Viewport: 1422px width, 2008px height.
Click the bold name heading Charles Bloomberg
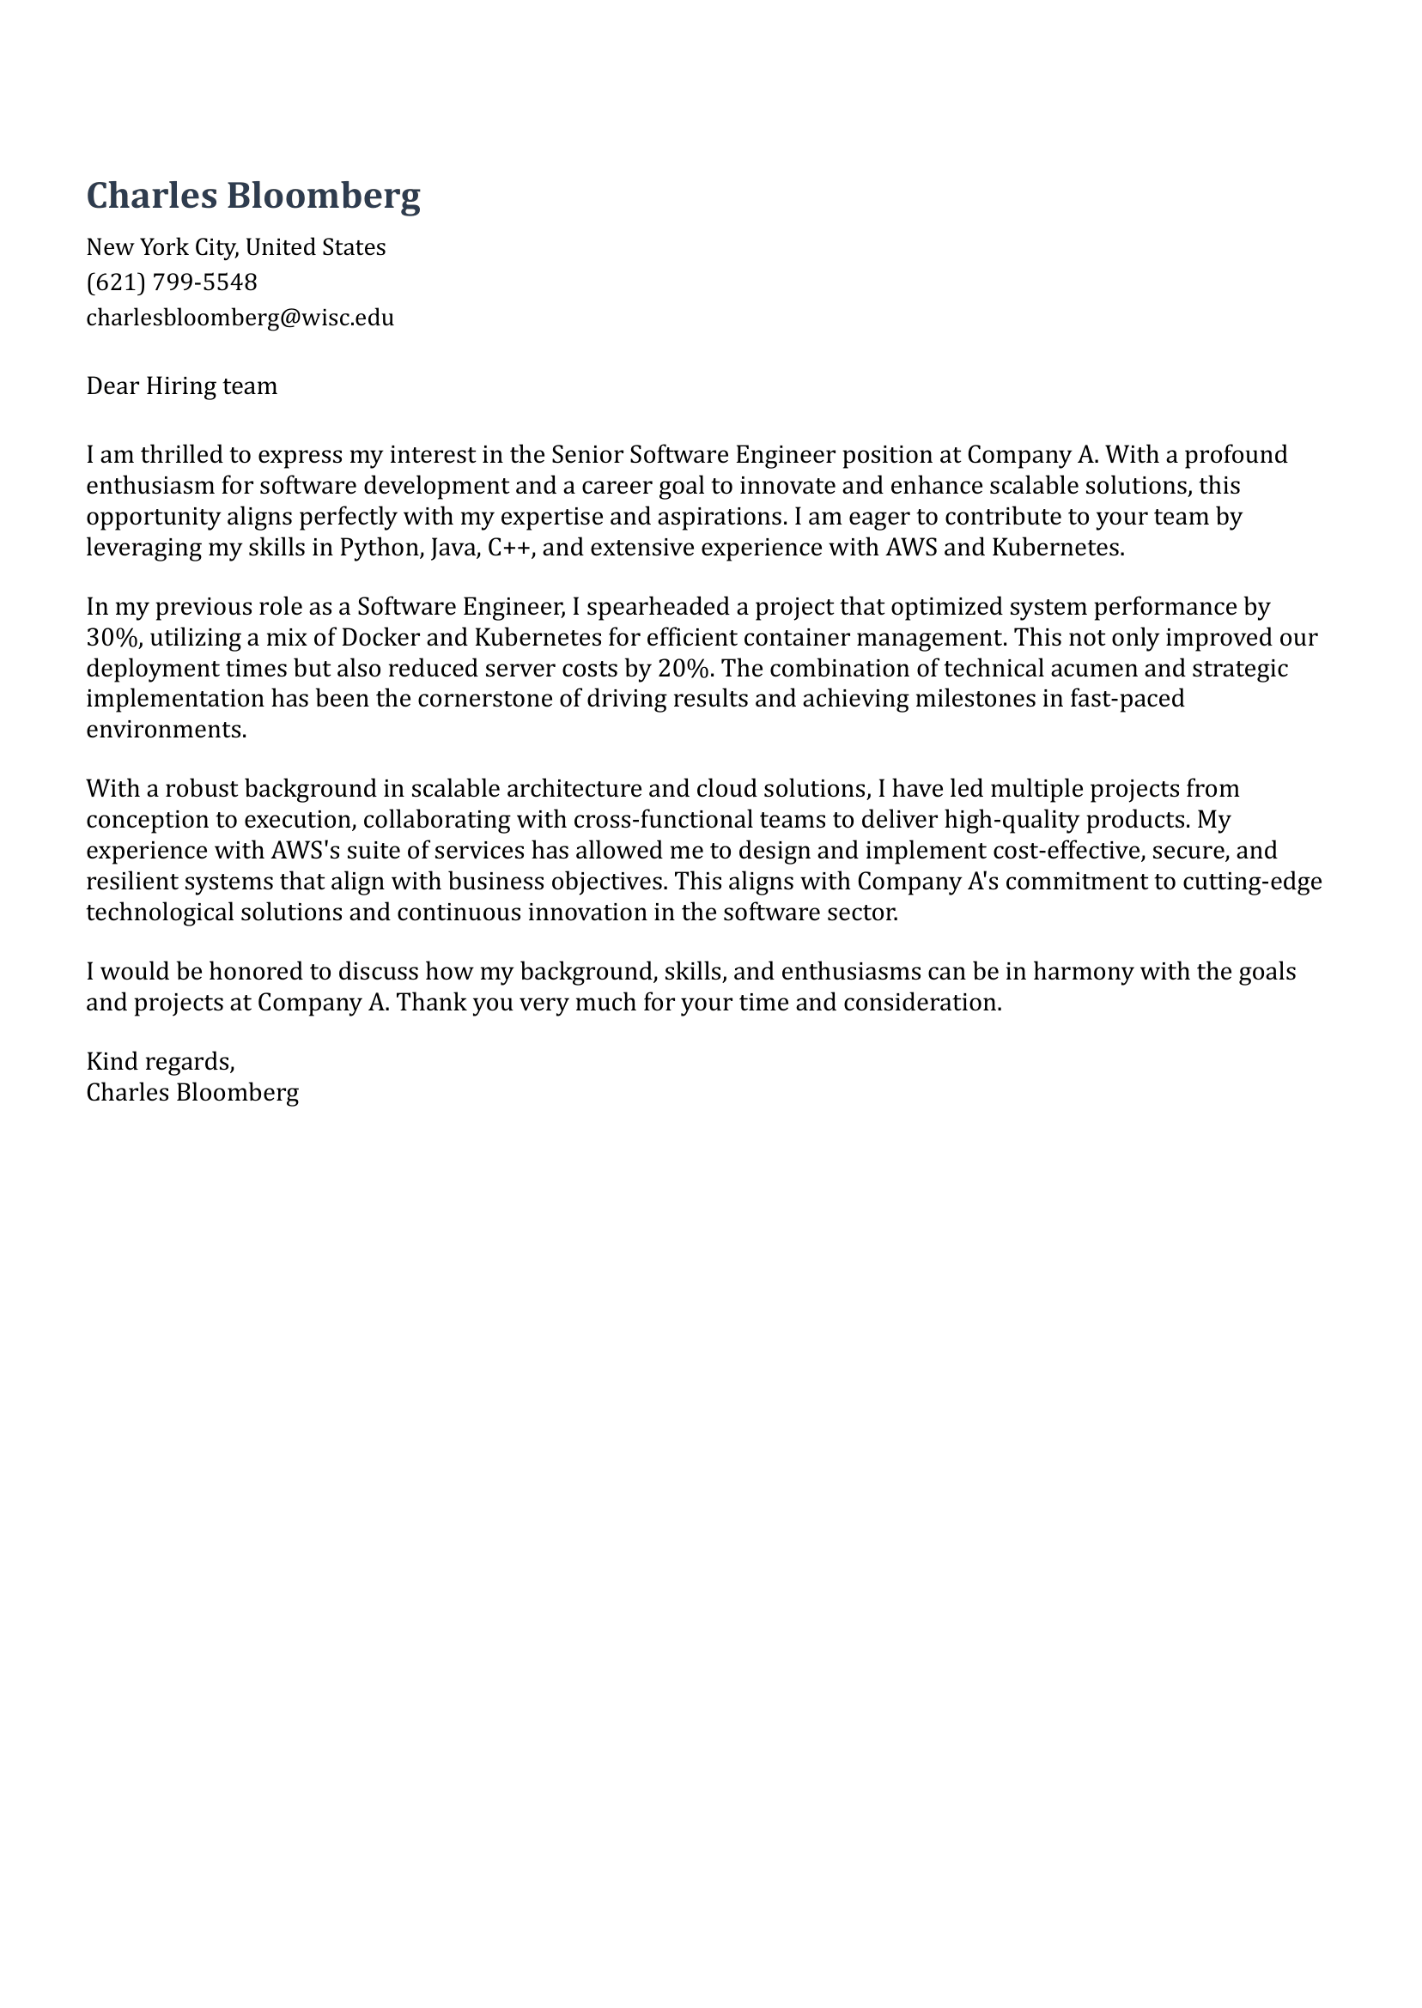coord(253,195)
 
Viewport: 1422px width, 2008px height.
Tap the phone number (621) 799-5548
coord(172,282)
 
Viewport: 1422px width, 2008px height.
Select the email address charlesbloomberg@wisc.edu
coord(240,317)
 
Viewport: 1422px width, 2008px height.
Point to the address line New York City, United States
coord(235,247)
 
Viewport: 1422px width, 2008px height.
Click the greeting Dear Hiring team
coord(181,386)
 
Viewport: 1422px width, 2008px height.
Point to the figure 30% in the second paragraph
coord(112,637)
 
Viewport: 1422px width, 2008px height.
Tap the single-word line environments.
coord(167,729)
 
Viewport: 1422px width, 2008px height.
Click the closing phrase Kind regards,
coord(161,1062)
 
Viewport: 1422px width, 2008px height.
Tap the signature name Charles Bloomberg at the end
coord(192,1092)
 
